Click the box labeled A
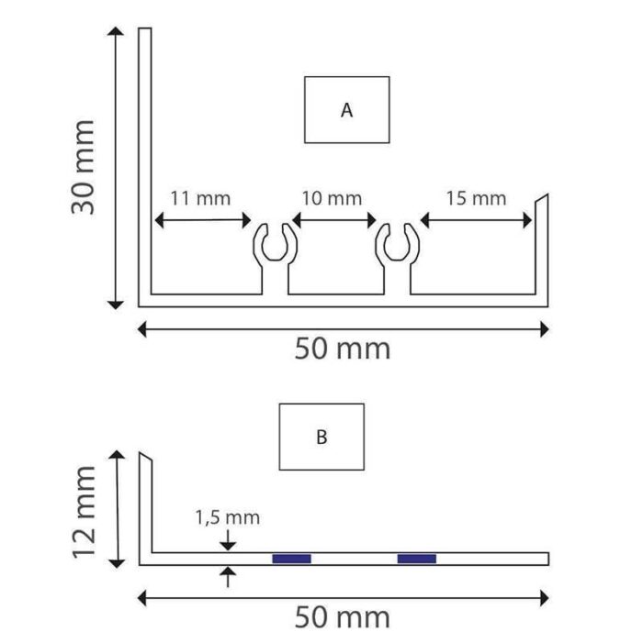347,110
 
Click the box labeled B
321,437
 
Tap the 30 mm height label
83,167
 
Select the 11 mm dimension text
200,198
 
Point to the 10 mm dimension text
332,198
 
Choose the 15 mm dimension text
477,198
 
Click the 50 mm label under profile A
343,349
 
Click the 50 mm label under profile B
343,617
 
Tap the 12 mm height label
84,512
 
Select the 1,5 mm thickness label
228,517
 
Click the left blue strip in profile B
292,559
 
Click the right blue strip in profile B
417,559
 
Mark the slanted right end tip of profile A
547,194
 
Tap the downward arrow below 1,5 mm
228,539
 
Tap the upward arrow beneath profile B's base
228,577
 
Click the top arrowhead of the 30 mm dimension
116,31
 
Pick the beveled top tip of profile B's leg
140,453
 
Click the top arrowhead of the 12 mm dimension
117,454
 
